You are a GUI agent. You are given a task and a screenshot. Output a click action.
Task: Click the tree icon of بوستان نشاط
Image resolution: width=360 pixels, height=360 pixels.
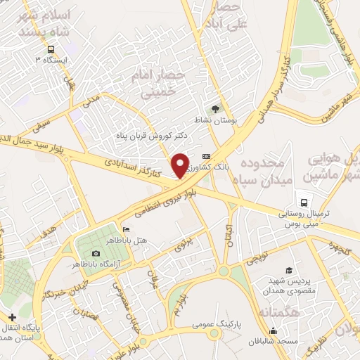[x=215, y=108]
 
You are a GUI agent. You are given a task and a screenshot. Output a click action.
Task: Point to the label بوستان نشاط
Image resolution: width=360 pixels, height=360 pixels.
[x=217, y=120]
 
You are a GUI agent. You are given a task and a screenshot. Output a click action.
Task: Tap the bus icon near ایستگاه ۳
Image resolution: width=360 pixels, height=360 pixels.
[x=51, y=49]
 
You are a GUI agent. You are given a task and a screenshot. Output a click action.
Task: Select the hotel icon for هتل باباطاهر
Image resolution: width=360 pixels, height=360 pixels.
[x=126, y=229]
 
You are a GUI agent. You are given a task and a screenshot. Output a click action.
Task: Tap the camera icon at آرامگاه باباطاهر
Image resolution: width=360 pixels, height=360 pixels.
[x=97, y=253]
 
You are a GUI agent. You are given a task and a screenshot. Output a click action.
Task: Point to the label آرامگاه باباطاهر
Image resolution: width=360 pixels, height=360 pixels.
[x=96, y=264]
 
